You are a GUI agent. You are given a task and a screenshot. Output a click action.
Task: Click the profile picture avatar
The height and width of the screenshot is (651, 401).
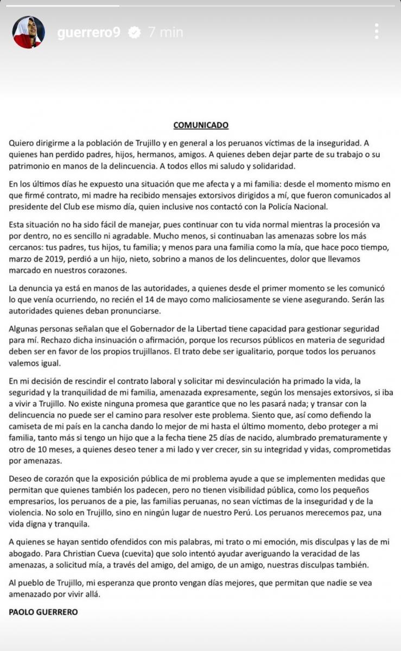click(x=28, y=32)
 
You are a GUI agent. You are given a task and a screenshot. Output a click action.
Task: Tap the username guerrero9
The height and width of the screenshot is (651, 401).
click(x=88, y=33)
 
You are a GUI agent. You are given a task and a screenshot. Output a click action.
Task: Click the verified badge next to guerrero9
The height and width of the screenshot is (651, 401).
click(x=133, y=33)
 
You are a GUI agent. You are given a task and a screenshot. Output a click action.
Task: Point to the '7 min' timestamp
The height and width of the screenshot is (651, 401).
click(x=166, y=33)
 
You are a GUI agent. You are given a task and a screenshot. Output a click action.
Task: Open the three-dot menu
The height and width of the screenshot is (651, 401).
click(x=377, y=31)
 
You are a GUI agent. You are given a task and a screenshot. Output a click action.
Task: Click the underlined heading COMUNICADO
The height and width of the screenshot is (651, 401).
click(x=201, y=125)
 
